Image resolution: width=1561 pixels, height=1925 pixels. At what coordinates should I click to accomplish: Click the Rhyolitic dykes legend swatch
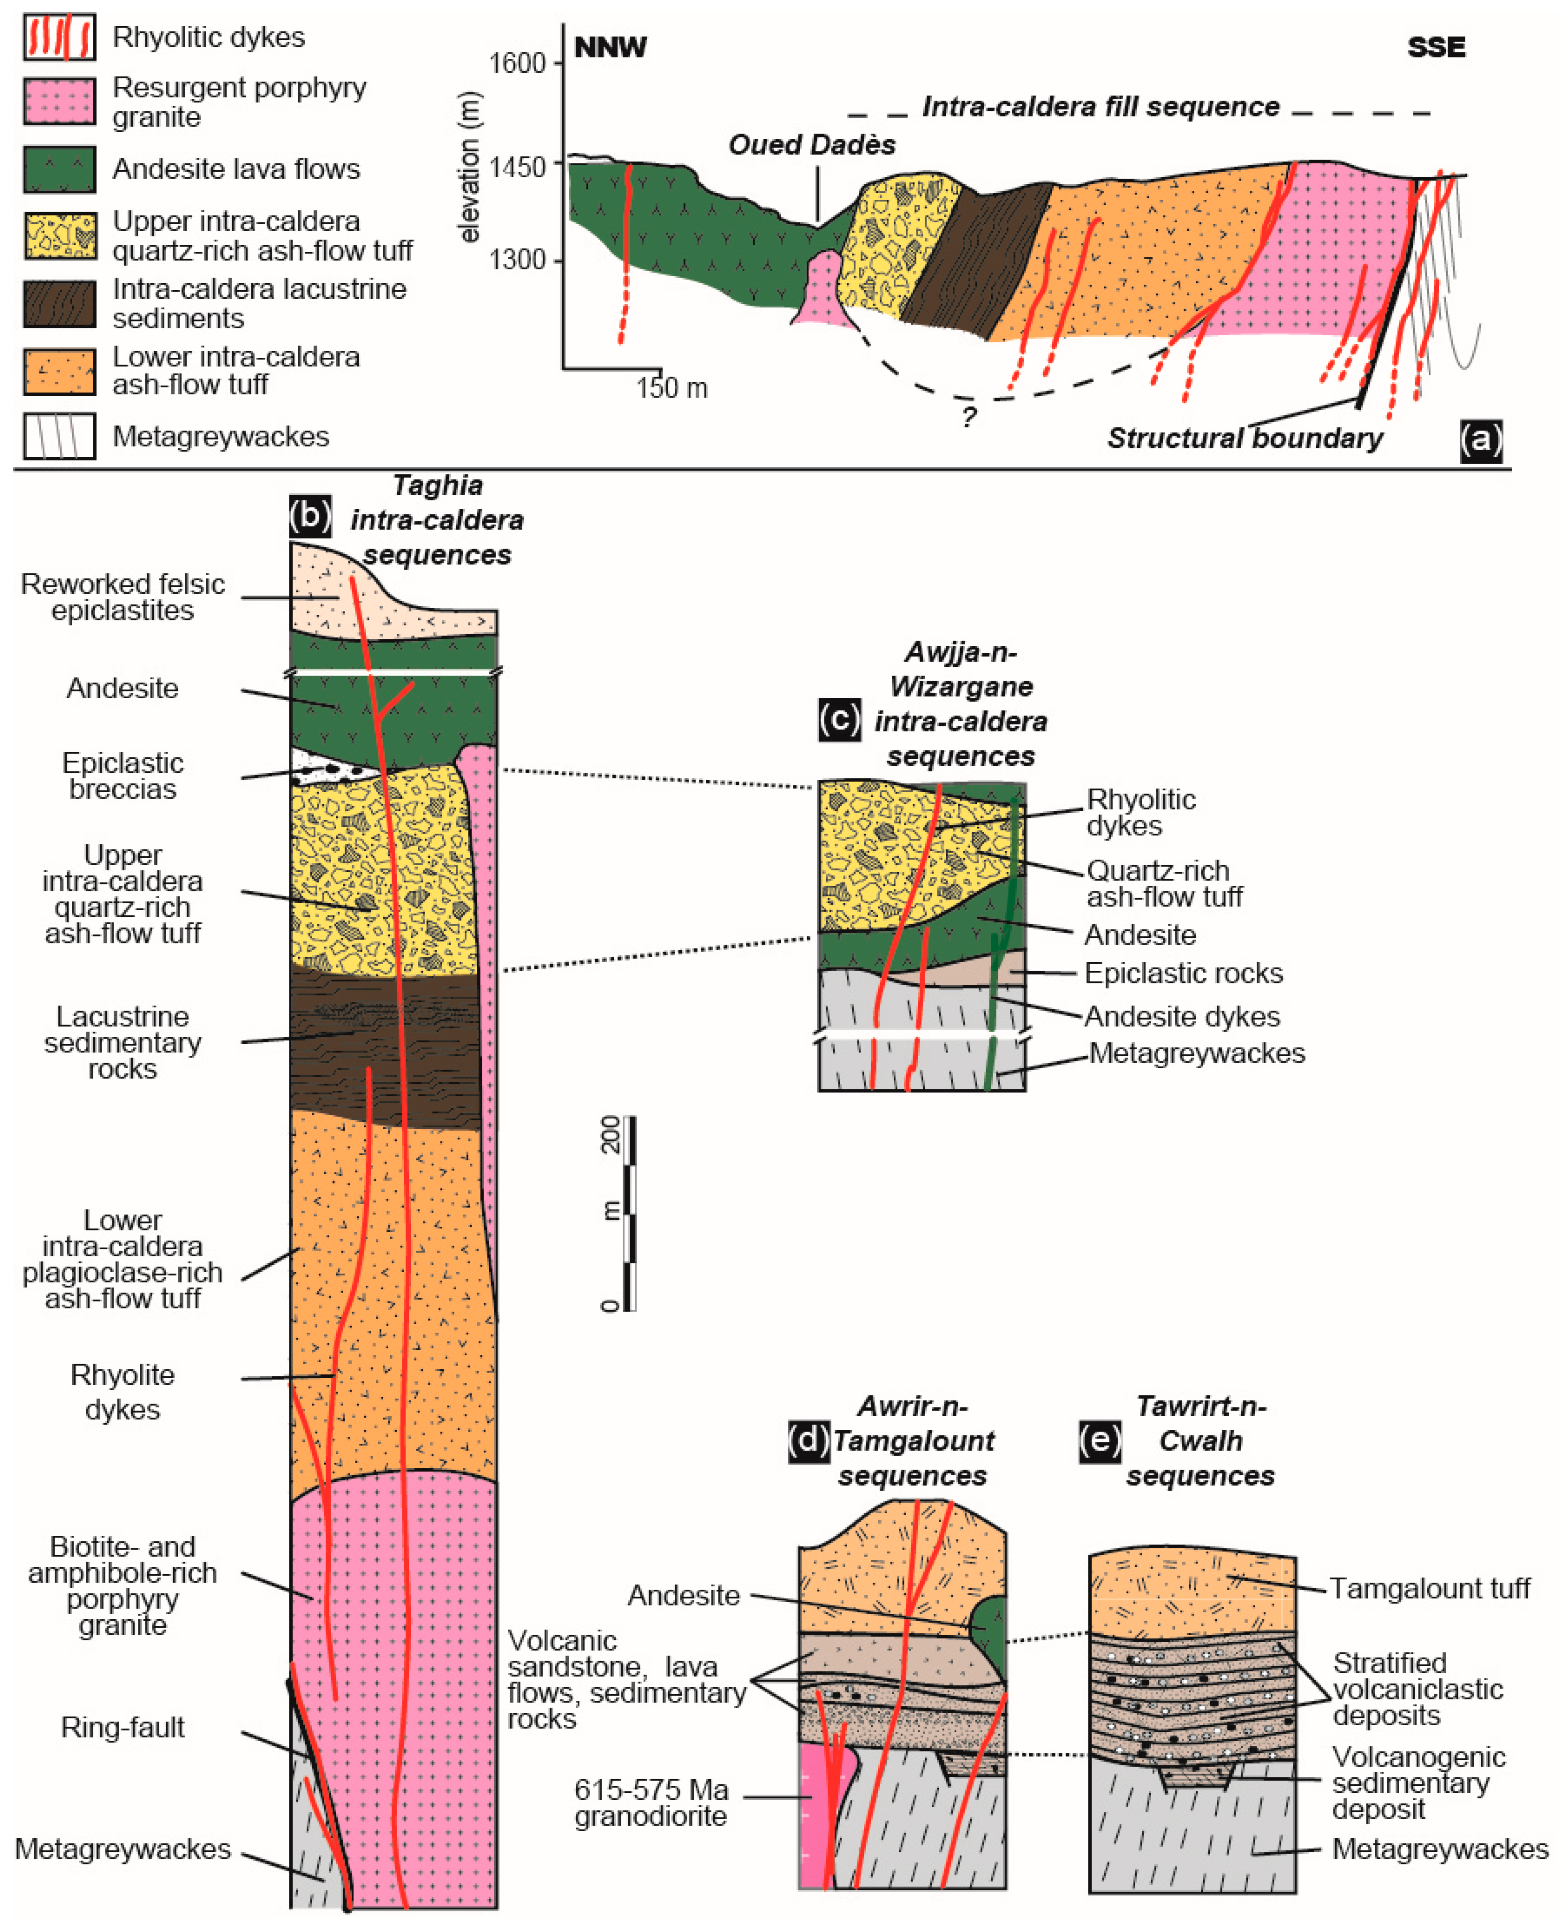pos(60,37)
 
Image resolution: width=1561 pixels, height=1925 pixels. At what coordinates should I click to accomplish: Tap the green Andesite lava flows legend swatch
pos(60,169)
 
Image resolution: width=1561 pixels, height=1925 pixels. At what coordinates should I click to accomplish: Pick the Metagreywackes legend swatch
pos(60,437)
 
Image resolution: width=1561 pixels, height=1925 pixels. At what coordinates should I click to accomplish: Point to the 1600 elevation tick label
pos(517,63)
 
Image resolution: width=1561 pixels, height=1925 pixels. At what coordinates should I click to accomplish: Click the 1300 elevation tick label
pos(517,261)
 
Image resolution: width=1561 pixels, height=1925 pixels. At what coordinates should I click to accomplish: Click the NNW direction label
pos(611,48)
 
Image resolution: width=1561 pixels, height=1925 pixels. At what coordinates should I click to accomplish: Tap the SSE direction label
pos(1435,48)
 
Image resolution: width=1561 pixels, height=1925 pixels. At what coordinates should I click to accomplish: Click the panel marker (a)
pos(1480,440)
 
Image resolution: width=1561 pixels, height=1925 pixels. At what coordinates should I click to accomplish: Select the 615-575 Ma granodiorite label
pos(651,1803)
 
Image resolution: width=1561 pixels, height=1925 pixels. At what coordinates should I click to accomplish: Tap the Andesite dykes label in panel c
pos(1182,1016)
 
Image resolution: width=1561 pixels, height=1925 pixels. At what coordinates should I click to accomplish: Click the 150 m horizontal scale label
pos(671,388)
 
